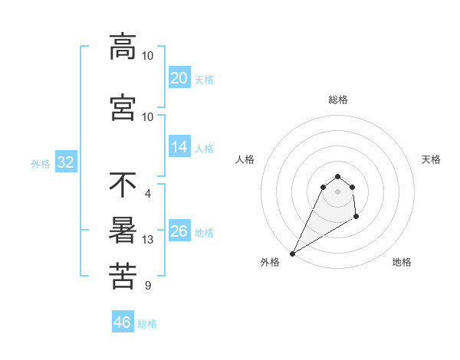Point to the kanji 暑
tap(123, 231)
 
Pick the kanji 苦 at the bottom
tap(123, 277)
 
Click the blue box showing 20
tap(179, 78)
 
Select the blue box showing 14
tap(179, 147)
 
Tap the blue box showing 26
tap(179, 231)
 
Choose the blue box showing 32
tap(66, 162)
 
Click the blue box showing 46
tap(123, 322)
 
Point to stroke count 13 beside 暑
tap(148, 240)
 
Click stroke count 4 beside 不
tap(148, 193)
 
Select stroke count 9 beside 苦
tap(148, 286)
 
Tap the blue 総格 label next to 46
tap(147, 324)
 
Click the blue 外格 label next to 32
tap(41, 163)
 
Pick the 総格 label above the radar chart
tap(337, 100)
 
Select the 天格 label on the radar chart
tap(432, 159)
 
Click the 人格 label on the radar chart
tap(245, 159)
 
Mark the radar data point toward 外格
tap(292, 253)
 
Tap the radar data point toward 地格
tap(356, 218)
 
